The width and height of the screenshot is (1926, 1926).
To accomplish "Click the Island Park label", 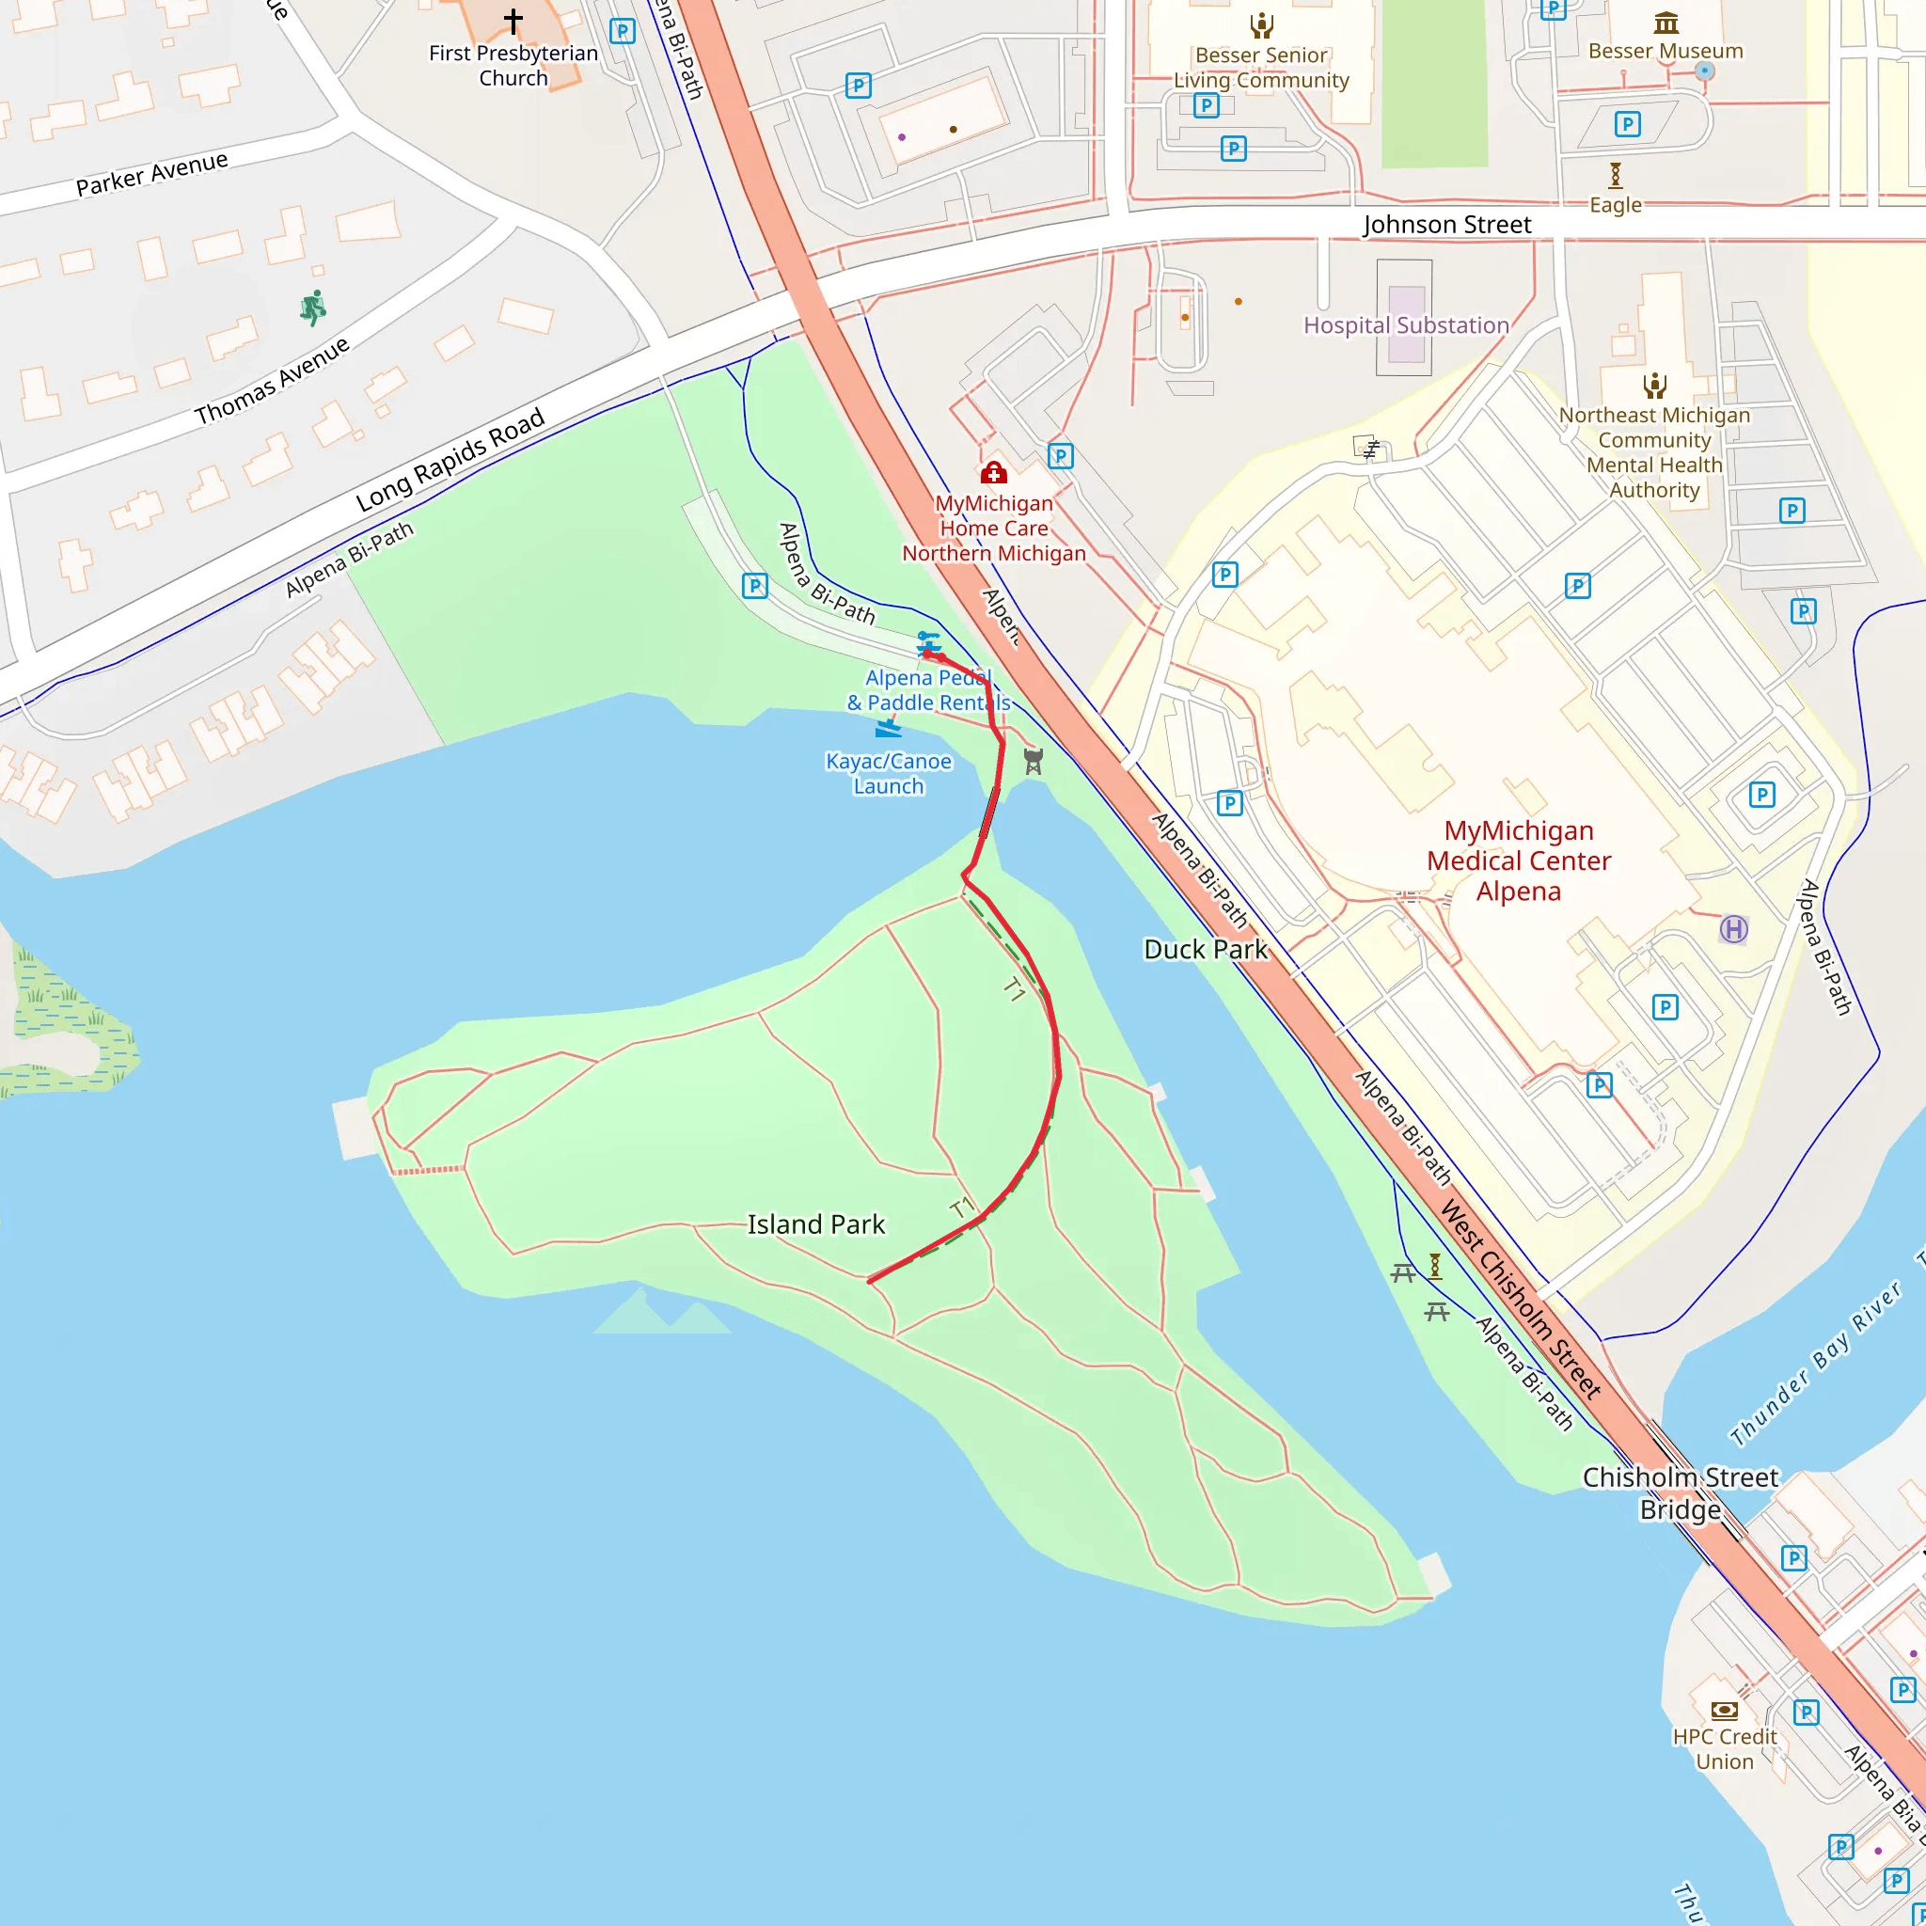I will click(815, 1224).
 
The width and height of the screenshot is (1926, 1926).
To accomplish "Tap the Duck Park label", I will click(1206, 949).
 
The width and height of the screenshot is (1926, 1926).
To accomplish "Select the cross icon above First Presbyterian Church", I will click(513, 20).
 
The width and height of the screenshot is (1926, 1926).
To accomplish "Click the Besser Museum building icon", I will click(1666, 22).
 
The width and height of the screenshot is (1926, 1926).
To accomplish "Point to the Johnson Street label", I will click(1446, 225).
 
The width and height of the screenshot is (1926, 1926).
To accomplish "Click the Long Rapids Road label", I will click(450, 460).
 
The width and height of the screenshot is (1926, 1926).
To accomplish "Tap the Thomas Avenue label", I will click(272, 380).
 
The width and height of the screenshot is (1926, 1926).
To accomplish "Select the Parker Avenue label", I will click(151, 173).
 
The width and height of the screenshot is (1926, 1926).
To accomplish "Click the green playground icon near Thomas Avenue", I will click(313, 308).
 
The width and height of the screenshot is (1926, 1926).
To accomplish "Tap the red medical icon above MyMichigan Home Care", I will click(993, 472).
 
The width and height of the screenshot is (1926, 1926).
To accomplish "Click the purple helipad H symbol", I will click(1733, 929).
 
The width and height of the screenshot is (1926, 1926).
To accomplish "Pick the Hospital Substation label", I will click(1406, 325).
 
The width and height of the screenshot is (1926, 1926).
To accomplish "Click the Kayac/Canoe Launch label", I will click(888, 774).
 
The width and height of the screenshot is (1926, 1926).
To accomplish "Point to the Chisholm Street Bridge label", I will click(1680, 1492).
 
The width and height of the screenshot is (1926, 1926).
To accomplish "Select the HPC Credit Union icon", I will click(1725, 1711).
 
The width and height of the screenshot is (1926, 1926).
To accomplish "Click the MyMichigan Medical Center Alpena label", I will click(1518, 860).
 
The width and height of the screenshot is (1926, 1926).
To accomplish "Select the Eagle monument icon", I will click(1615, 176).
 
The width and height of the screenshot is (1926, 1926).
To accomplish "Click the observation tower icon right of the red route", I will click(1034, 762).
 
